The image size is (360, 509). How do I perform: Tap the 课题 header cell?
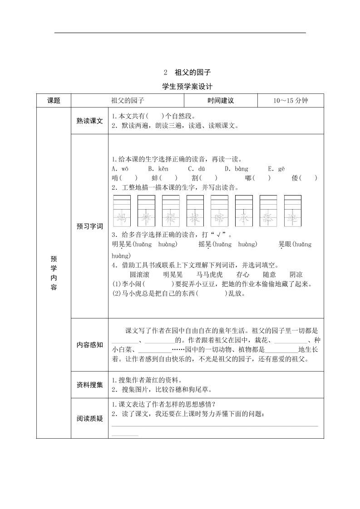coord(54,101)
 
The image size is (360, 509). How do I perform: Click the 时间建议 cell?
coord(221,101)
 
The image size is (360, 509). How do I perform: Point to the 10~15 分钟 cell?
coord(291,101)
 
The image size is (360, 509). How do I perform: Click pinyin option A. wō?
coord(120,169)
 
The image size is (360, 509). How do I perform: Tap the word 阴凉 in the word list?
coord(296,275)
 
